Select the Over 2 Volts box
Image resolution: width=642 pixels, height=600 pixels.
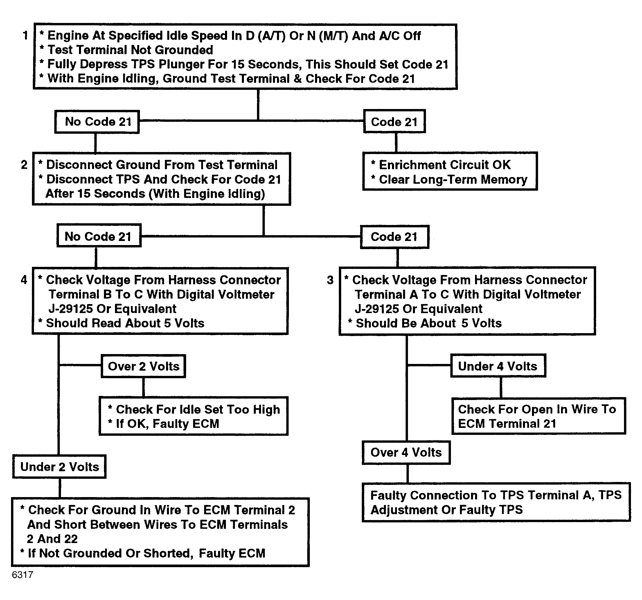(143, 366)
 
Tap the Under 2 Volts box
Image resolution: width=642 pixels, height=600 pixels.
(60, 467)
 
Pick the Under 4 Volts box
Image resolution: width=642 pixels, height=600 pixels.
(498, 365)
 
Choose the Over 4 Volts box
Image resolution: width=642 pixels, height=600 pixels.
(406, 452)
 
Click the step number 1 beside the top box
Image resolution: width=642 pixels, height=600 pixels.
(25, 35)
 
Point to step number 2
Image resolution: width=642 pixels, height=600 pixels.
(24, 165)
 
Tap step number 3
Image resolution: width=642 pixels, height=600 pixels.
(330, 280)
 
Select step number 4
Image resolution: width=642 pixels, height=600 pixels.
(24, 280)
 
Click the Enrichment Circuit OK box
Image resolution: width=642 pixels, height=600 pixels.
(450, 171)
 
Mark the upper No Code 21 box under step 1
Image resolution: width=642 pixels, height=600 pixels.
(97, 122)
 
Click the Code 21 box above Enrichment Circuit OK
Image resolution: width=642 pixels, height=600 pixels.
(394, 121)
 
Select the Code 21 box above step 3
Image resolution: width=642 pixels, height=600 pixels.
(395, 237)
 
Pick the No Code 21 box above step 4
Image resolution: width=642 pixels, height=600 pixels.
(99, 236)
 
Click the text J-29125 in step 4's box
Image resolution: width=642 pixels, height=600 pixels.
(71, 309)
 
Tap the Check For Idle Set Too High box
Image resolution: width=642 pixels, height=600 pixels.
(193, 416)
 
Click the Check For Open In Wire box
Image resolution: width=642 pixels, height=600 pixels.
(539, 416)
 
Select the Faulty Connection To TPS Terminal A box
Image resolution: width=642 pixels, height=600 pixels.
(496, 502)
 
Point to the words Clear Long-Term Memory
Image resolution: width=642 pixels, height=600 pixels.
(453, 179)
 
